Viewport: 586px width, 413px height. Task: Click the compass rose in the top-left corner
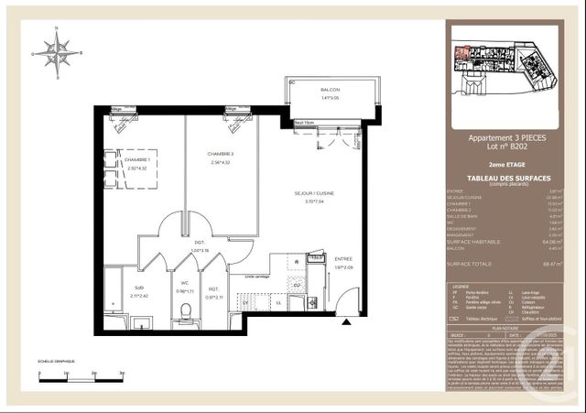[57, 52]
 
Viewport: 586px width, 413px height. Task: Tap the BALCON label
[330, 90]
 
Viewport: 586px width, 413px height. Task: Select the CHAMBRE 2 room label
[221, 154]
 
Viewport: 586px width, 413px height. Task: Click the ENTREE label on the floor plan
[342, 259]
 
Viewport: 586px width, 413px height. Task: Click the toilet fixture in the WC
[186, 317]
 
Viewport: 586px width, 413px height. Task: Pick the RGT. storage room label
[212, 291]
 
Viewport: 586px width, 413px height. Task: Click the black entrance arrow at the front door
[345, 322]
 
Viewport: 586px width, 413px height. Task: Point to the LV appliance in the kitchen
[245, 302]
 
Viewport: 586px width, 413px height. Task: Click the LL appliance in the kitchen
[278, 302]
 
